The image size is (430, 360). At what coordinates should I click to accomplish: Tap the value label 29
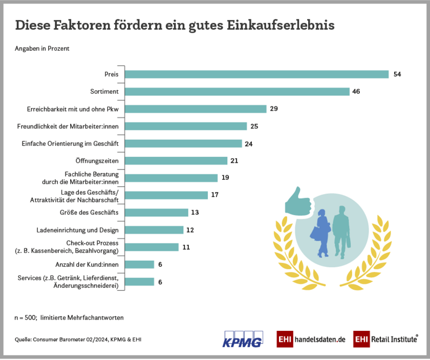point(274,109)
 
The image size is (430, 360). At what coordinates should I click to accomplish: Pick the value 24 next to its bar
point(249,144)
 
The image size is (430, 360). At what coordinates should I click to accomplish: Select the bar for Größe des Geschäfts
point(157,213)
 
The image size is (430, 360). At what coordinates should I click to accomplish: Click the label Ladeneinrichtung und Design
point(78,230)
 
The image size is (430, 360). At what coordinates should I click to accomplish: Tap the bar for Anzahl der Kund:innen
point(140,264)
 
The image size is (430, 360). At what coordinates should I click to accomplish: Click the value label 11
point(186,247)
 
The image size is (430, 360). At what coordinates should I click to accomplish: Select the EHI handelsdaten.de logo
point(311,339)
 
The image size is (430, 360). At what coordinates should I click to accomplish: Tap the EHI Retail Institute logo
point(385,339)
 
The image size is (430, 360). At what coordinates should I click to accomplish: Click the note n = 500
point(25,317)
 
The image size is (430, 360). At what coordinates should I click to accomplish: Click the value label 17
point(214,195)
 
